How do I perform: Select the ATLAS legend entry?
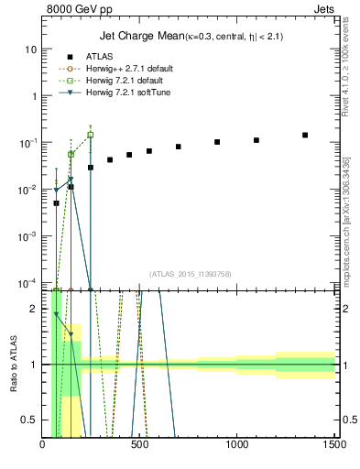point(101,55)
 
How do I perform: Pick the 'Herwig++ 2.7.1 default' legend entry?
point(127,67)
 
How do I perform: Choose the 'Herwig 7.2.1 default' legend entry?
point(125,79)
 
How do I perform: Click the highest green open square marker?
point(90,135)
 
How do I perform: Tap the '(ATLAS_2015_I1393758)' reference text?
point(190,273)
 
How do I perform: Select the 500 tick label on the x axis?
point(140,445)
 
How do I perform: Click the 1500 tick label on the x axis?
point(334,445)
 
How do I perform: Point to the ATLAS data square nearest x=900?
point(217,142)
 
